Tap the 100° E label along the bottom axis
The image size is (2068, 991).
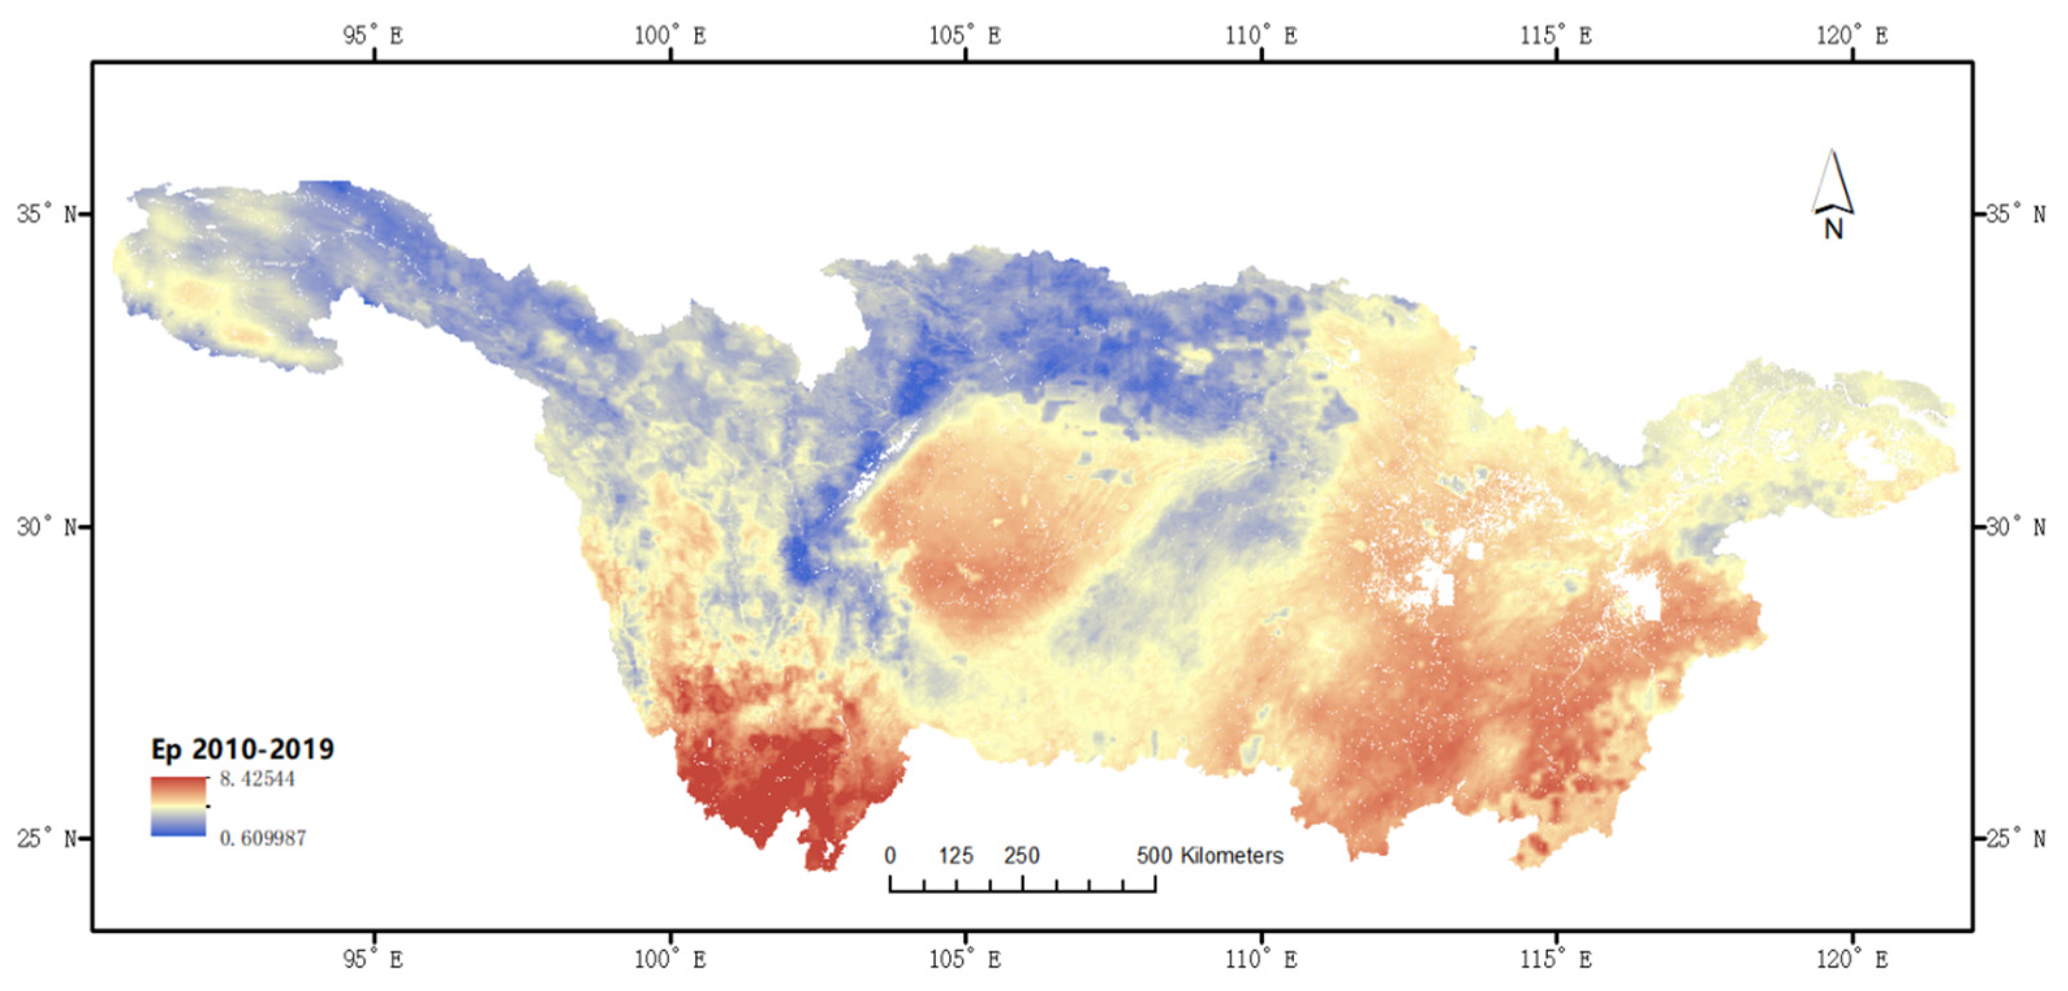click(670, 959)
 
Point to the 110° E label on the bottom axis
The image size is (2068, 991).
click(1261, 959)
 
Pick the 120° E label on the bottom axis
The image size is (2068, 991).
click(1852, 959)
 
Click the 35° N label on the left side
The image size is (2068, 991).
click(48, 214)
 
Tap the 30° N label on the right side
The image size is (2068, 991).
click(2015, 527)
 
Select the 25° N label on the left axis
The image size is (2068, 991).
click(48, 839)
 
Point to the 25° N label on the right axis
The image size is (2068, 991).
click(2015, 839)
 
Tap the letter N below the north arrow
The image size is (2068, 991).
click(1834, 230)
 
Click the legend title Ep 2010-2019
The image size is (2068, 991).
click(242, 749)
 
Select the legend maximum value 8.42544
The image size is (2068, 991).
click(257, 779)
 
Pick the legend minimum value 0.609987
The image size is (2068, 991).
click(262, 839)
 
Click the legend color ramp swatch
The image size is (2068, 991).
click(178, 806)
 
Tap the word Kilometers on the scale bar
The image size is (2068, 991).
click(1232, 856)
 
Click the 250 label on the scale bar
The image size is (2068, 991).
click(1021, 856)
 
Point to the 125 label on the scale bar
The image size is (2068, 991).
click(956, 856)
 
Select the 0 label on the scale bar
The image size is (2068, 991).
click(890, 856)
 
